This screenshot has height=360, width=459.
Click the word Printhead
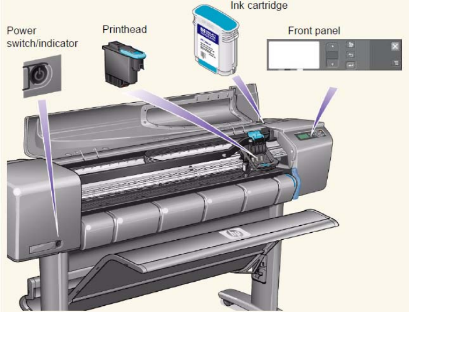point(124,29)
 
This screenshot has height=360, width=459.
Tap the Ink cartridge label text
point(258,6)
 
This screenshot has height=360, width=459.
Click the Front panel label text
point(314,30)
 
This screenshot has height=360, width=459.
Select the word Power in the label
point(21,30)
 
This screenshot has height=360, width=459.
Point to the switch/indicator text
point(42,43)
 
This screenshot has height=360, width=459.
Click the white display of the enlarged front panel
point(293,55)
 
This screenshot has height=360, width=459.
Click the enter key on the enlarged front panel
point(351,65)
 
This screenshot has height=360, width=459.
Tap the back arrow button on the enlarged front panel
point(351,55)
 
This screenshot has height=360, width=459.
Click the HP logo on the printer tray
point(234,234)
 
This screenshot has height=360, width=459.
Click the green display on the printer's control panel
point(303,137)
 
